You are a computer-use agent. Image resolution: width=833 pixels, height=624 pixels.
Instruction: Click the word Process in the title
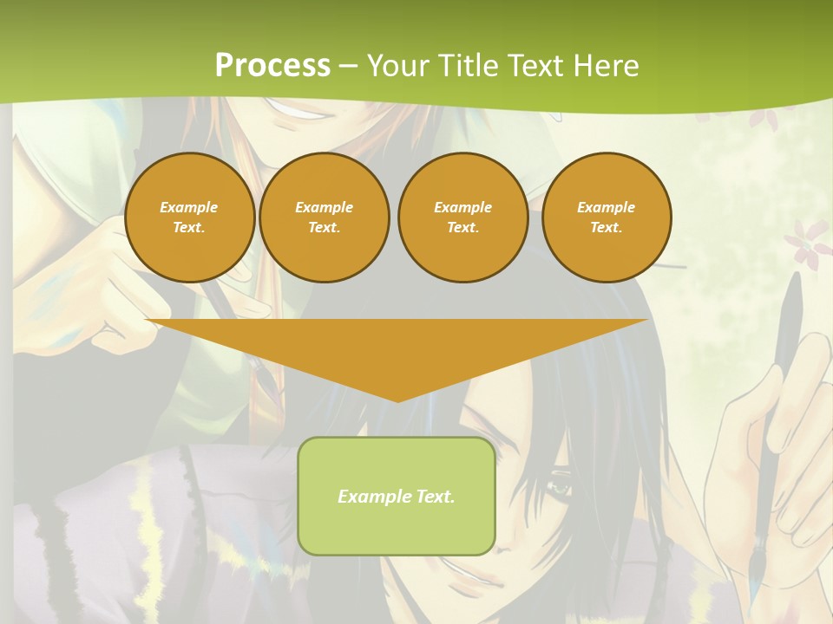coord(272,66)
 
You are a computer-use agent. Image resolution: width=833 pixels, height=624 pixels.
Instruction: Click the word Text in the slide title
coord(535,66)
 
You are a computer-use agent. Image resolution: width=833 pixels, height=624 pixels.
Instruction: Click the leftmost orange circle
coord(189,218)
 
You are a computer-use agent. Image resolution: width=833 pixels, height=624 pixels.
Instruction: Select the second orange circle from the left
coord(325,218)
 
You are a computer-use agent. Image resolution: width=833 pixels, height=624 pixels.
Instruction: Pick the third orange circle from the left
coord(462,218)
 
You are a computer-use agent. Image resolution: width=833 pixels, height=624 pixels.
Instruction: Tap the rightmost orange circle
coord(607,218)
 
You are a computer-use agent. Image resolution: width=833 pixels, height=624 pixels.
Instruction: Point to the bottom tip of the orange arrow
coord(397,400)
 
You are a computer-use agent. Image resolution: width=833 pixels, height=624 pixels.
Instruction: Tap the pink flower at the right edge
coord(807,238)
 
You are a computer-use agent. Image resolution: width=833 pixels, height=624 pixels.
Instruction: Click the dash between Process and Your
coord(349,66)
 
